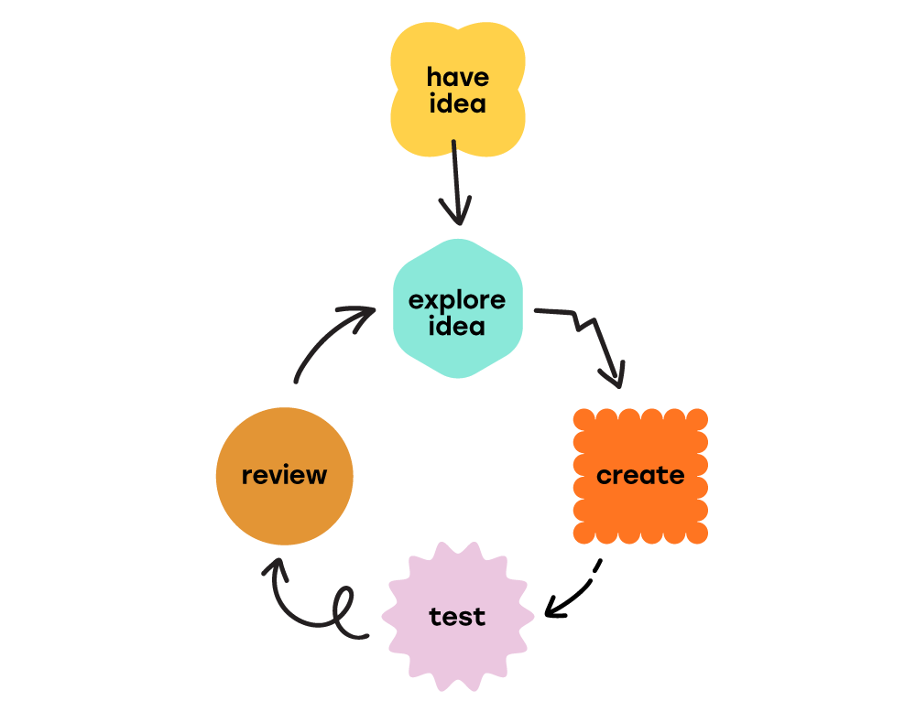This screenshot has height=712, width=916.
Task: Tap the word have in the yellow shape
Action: pos(457,77)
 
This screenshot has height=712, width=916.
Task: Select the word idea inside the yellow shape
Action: pos(457,104)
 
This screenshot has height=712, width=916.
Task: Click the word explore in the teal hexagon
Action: pos(457,299)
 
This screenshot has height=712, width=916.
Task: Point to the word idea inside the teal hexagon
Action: pos(457,326)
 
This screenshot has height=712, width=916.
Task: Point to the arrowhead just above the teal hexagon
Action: pos(456,215)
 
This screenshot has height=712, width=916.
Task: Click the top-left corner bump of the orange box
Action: pos(583,419)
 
